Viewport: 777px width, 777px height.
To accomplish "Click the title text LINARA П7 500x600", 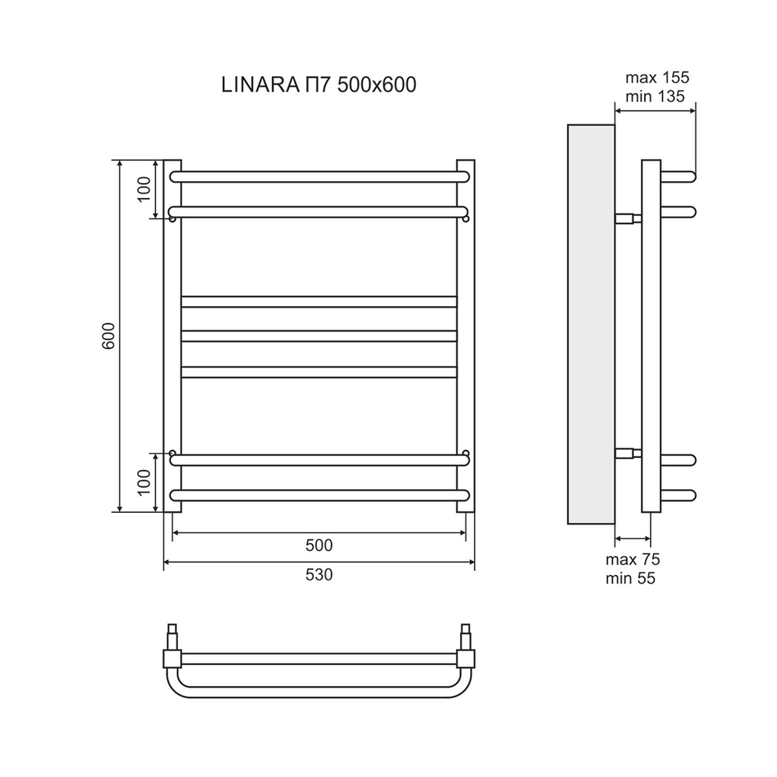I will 319,85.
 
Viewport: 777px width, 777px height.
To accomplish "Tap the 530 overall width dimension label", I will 319,575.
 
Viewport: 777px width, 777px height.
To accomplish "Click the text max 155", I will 657,78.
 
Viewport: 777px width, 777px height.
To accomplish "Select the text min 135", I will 656,96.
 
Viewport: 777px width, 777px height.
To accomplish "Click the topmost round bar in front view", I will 319,176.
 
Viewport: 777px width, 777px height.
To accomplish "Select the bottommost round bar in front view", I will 319,495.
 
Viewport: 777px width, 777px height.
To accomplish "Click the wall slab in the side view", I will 591,323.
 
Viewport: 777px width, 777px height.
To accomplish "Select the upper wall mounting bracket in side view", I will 628,218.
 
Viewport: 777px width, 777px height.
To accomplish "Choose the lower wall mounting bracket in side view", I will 628,453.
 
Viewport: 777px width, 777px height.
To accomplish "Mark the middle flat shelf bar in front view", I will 319,336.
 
